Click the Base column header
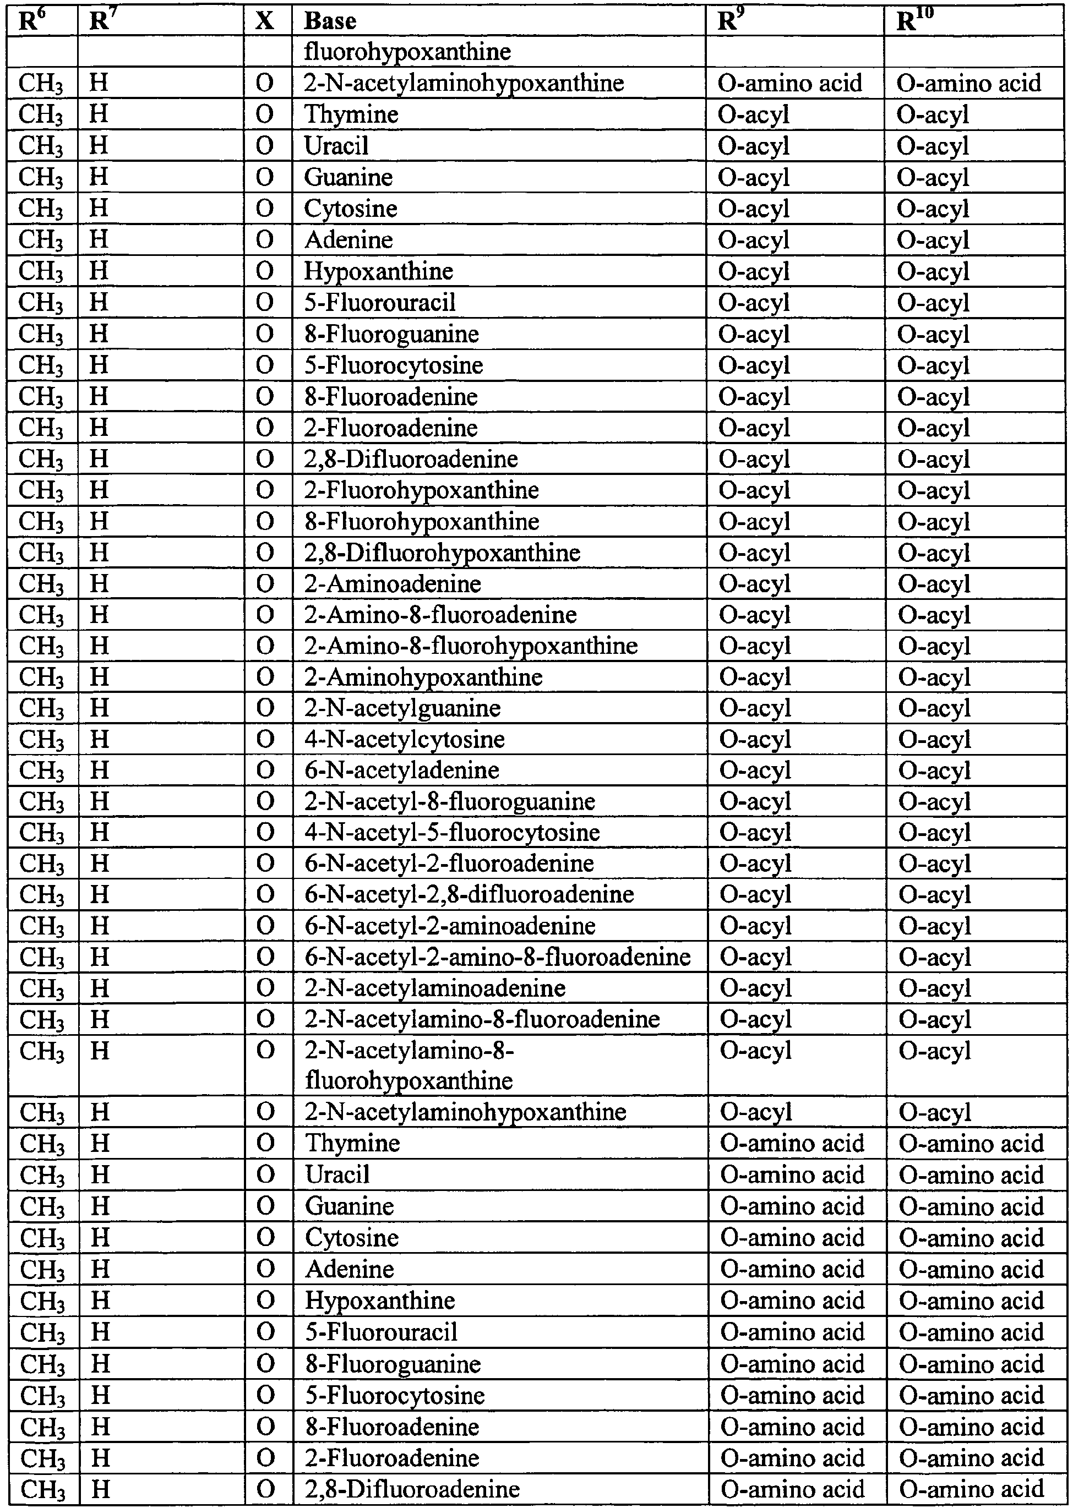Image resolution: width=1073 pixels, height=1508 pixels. click(330, 21)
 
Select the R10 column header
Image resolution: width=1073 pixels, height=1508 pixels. click(915, 21)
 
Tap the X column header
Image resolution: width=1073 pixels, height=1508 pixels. click(264, 21)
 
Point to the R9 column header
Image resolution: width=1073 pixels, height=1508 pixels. click(728, 21)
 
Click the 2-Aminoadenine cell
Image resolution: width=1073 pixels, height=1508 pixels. click(393, 584)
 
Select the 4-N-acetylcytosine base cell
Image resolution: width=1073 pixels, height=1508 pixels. click(404, 739)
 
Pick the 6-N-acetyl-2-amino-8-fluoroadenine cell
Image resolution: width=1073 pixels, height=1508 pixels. click(498, 957)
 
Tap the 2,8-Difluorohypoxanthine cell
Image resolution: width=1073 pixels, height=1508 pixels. click(442, 552)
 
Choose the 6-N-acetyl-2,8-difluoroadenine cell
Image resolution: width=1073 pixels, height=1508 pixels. click(469, 894)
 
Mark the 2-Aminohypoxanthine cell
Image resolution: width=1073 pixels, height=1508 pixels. click(423, 677)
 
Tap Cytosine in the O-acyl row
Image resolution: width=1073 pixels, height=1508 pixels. click(350, 208)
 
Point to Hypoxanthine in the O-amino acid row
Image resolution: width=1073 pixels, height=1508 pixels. click(380, 1301)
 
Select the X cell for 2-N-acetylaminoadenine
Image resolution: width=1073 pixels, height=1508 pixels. click(265, 988)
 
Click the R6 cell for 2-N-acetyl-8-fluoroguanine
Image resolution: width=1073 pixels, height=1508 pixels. click(42, 801)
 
